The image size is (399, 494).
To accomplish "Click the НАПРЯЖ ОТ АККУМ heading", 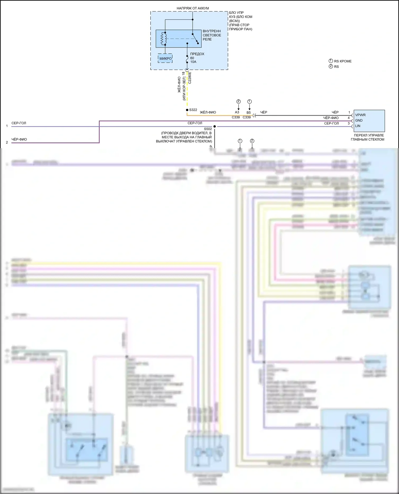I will click(193, 8).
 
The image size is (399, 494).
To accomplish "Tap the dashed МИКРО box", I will click(165, 58).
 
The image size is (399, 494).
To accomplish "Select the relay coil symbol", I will click(163, 38).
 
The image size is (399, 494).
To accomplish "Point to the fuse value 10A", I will click(193, 62).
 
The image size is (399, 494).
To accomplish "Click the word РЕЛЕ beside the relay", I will click(207, 39).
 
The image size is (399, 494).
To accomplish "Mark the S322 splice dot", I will click(187, 110).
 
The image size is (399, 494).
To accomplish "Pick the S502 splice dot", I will click(214, 126).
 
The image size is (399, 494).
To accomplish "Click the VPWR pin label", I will click(360, 115).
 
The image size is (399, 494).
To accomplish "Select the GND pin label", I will click(359, 120).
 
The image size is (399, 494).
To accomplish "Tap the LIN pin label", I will click(358, 126).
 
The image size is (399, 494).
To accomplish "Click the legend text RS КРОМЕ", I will click(343, 61).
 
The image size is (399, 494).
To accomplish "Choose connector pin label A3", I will click(237, 112).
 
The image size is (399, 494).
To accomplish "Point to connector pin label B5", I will click(248, 113).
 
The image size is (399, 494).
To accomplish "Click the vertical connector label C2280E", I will click(190, 78).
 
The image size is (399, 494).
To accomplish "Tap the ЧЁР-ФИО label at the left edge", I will click(19, 139).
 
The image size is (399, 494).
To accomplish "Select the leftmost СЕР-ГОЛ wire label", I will click(19, 123).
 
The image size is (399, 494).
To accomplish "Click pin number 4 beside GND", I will click(349, 118).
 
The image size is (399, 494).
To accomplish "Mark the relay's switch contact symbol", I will click(195, 38).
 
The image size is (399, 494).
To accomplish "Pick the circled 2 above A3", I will click(238, 101).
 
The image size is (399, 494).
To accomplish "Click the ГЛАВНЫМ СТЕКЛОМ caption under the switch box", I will click(367, 139).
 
